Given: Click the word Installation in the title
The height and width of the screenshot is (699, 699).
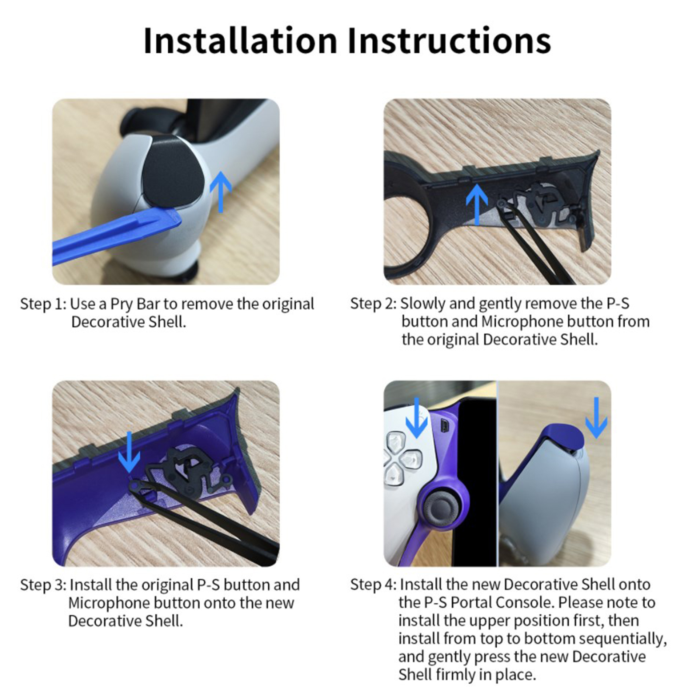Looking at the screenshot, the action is (240, 40).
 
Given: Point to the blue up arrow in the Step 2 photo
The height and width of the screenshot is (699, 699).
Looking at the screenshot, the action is (477, 204).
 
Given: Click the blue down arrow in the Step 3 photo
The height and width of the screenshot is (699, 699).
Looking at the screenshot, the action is (129, 452).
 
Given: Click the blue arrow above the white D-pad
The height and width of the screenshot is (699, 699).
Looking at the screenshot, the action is (417, 418).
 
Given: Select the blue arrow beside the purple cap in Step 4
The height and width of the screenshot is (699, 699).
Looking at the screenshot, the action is (596, 418).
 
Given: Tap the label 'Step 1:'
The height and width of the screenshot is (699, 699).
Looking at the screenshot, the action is (43, 304).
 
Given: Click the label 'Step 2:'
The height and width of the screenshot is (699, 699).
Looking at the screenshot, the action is (374, 304).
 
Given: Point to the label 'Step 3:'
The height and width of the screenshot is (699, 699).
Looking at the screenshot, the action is (43, 585).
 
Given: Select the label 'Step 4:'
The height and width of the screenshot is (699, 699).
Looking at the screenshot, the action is (374, 585).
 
